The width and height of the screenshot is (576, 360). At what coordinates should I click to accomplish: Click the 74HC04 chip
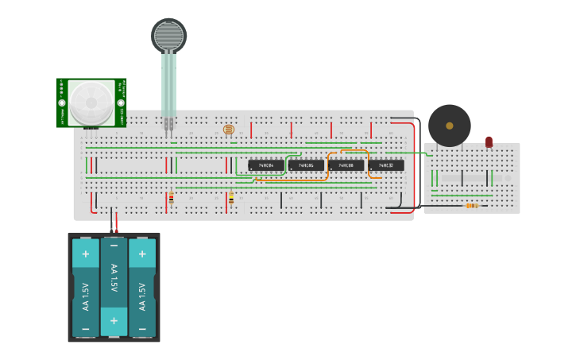coord(265,165)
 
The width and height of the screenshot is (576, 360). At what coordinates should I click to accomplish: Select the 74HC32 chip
coord(385,165)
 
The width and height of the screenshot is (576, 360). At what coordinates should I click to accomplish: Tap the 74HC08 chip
coord(346,165)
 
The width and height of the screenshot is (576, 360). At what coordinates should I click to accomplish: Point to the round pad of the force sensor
coord(168,35)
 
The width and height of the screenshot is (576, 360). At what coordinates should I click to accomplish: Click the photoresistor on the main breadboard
coord(229,129)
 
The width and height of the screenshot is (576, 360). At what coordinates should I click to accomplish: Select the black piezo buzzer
coord(449,126)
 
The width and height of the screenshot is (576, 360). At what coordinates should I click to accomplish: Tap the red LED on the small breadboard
coord(489,142)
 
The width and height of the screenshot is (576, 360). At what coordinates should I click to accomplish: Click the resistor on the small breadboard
coord(472,206)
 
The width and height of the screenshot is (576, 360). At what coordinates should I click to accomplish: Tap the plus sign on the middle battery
coord(114,320)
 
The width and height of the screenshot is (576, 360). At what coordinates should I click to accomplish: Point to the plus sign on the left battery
coord(85,254)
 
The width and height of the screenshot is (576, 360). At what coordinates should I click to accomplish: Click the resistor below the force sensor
coord(171,198)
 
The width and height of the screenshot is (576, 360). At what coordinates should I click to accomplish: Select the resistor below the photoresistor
coord(231,198)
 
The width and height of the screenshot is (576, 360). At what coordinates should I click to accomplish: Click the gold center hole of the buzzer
coord(449,126)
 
